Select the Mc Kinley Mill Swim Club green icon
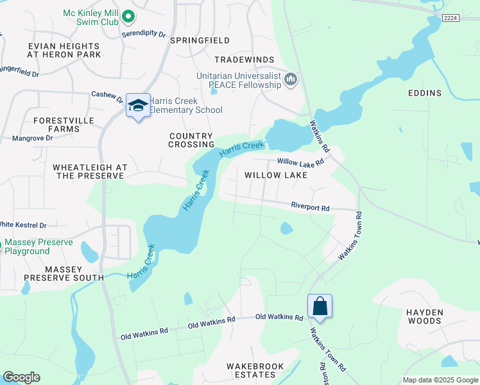tap(128, 17)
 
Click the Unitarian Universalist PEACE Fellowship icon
tap(291, 79)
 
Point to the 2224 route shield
tap(450, 19)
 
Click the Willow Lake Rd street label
tap(300, 162)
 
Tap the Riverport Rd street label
tap(310, 208)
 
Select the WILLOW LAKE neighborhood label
tap(275, 175)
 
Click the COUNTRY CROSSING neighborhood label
tap(191, 140)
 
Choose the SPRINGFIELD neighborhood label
tap(200, 40)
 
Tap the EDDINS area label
tap(425, 93)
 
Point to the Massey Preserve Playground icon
tap(2, 245)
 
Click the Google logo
tap(21, 377)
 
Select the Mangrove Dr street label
tap(31, 138)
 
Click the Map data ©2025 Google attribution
tap(440, 380)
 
